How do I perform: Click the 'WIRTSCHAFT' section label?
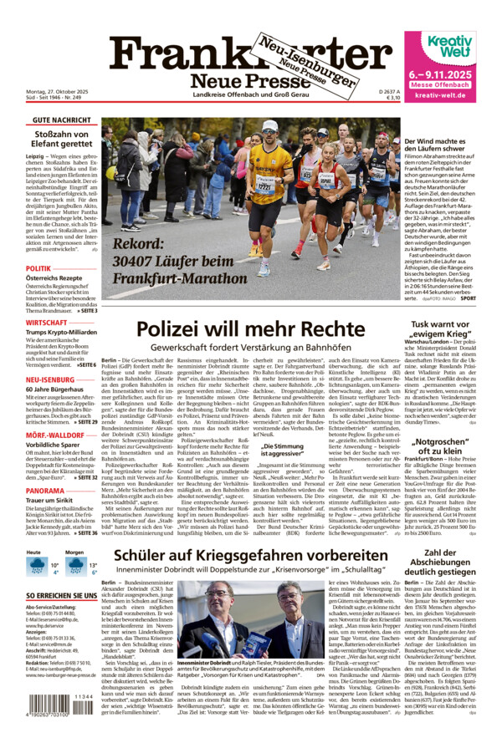pyautogui.click(x=47, y=322)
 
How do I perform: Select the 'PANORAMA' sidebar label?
pyautogui.click(x=45, y=491)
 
